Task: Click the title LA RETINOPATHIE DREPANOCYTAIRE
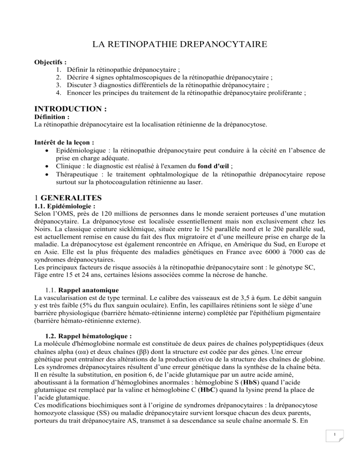pyautogui.click(x=180, y=45)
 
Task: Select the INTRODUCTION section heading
pyautogui.click(x=71, y=109)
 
